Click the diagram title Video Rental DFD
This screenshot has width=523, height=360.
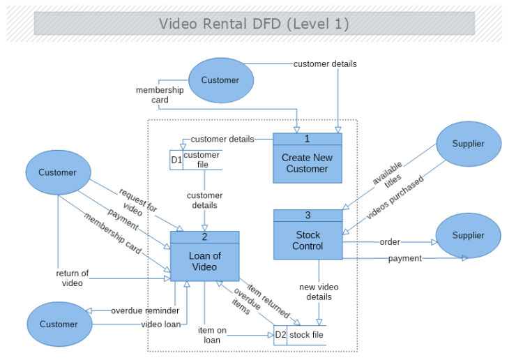pyautogui.click(x=254, y=24)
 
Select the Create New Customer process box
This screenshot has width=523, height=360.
pyautogui.click(x=307, y=163)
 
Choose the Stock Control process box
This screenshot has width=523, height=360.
pyautogui.click(x=308, y=241)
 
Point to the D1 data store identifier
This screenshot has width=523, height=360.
pyautogui.click(x=176, y=160)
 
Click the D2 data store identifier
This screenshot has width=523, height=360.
pyautogui.click(x=280, y=335)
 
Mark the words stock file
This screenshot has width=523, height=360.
pyautogui.click(x=306, y=335)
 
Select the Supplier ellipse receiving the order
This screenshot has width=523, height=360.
pyautogui.click(x=468, y=236)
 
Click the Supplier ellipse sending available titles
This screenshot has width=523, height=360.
pyautogui.click(x=468, y=144)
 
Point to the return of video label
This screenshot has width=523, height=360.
pyautogui.click(x=72, y=278)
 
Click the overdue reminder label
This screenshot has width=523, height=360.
pyautogui.click(x=145, y=310)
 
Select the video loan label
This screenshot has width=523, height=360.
pyautogui.click(x=162, y=324)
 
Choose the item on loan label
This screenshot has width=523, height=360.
pyautogui.click(x=212, y=335)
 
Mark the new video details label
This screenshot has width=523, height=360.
pyautogui.click(x=319, y=292)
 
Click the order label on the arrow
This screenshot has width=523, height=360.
pyautogui.click(x=390, y=242)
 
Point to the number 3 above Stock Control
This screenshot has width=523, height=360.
pyautogui.click(x=308, y=215)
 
